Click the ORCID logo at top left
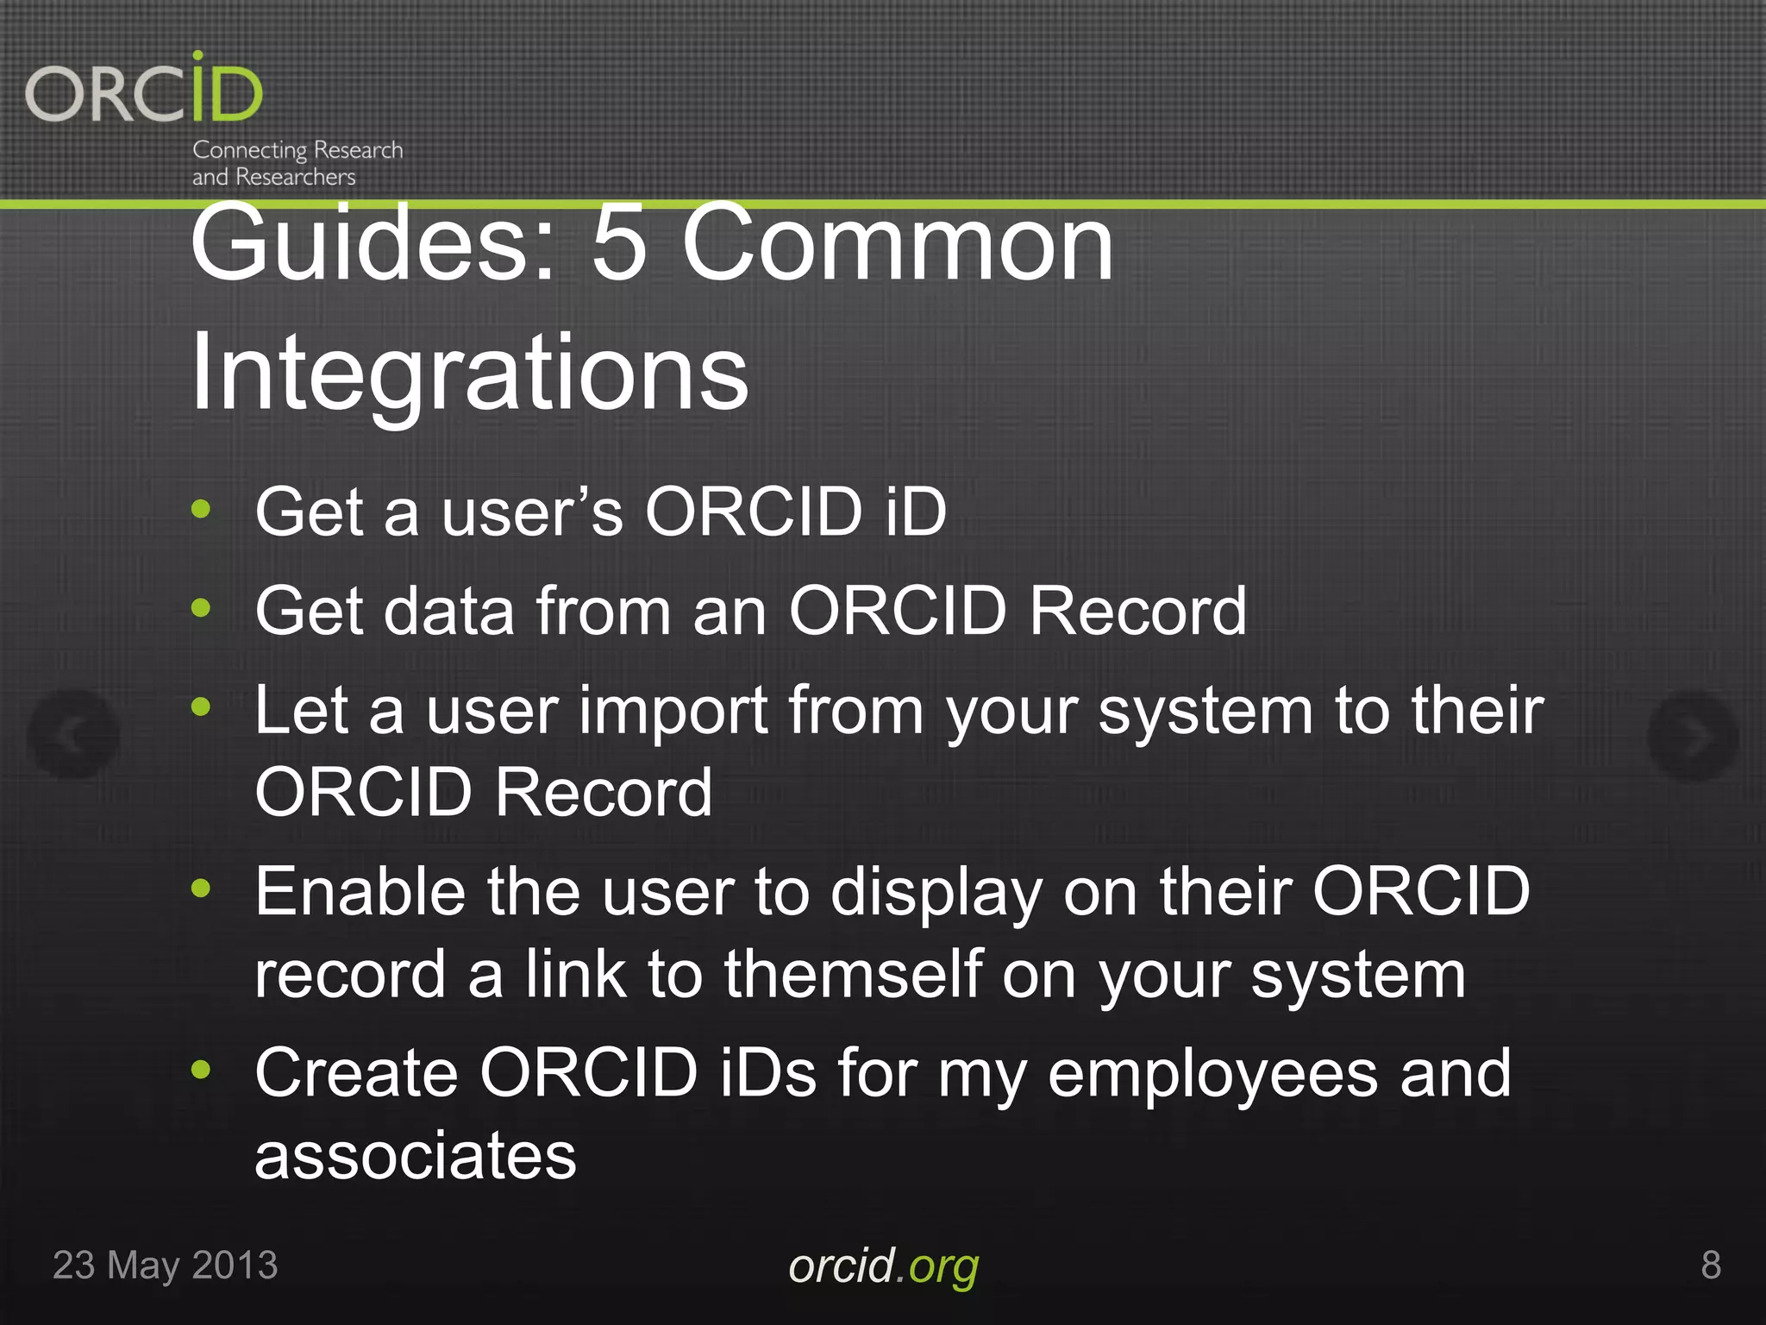click(144, 91)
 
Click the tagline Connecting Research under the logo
click(297, 150)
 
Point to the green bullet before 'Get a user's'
click(201, 509)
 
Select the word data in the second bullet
click(448, 611)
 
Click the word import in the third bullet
click(673, 712)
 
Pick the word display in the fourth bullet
click(936, 894)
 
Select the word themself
click(854, 975)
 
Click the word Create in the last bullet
click(355, 1073)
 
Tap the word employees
click(1212, 1075)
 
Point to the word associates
click(415, 1156)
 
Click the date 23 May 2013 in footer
click(166, 1265)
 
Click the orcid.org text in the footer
click(883, 1266)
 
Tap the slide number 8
click(1711, 1265)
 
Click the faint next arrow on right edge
click(1693, 736)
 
